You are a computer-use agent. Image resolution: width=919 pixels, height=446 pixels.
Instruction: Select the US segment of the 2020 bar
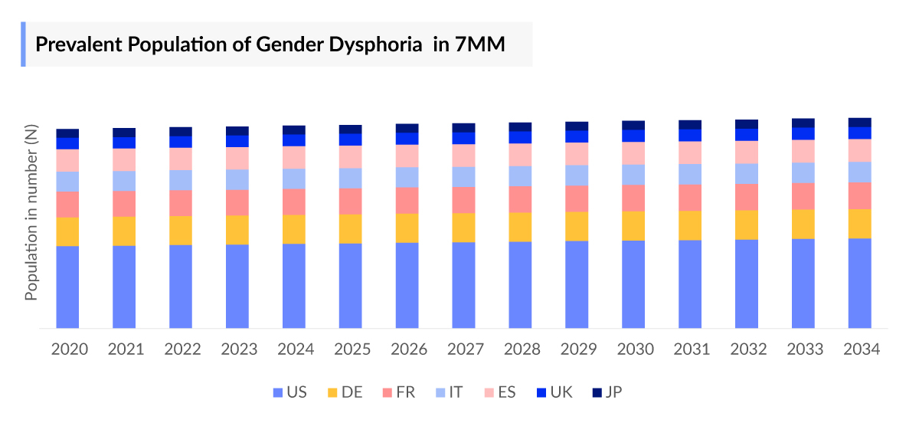68,287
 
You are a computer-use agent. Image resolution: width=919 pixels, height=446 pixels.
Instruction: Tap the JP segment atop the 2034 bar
860,123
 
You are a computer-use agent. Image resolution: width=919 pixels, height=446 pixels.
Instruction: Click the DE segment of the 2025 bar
351,228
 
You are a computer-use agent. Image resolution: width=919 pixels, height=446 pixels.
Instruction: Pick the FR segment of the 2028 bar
521,199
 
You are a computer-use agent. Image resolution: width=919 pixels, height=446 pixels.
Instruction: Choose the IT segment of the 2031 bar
690,174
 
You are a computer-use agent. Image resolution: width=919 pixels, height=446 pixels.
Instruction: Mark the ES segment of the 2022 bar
181,159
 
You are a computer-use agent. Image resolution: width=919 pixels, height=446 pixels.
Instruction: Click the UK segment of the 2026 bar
407,139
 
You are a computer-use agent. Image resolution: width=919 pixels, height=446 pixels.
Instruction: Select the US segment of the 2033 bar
803,284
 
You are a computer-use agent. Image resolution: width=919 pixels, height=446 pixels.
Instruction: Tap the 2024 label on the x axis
296,349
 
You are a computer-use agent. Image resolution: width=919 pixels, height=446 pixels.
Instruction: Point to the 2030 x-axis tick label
635,349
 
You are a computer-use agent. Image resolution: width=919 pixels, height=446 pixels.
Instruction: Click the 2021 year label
126,349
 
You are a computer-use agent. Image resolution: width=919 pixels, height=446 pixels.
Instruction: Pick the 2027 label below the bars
465,349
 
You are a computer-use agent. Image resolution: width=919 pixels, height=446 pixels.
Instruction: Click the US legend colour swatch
278,392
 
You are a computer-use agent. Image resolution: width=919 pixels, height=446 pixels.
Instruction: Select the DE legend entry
344,392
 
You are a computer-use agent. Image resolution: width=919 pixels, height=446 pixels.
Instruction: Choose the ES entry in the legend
499,392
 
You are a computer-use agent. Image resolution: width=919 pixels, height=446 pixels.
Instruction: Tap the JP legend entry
606,392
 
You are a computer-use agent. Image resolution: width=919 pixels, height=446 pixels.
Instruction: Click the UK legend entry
553,392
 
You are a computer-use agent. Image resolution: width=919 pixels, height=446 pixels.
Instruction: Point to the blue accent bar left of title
23,44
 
